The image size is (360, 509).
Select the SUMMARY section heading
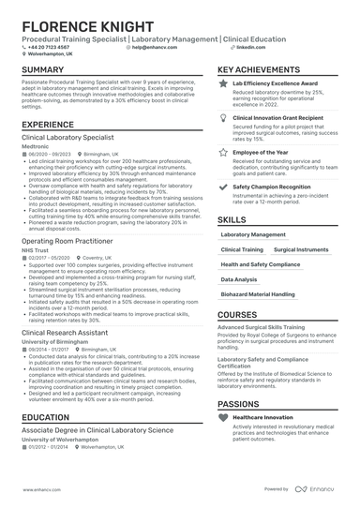pyautogui.click(x=43, y=70)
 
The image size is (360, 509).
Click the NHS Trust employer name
pyautogui.click(x=35, y=249)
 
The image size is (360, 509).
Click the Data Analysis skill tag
pyautogui.click(x=239, y=279)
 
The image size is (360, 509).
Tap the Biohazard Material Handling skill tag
pyautogui.click(x=258, y=294)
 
